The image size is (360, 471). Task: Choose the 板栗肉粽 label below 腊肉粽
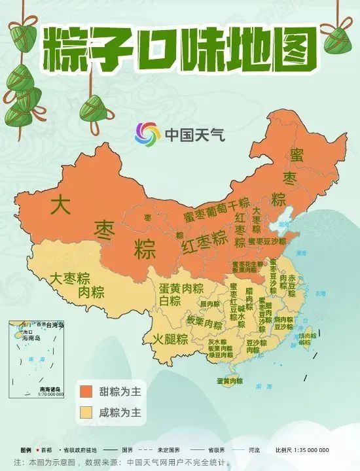coord(205,323)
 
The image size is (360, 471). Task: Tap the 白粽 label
coord(169,302)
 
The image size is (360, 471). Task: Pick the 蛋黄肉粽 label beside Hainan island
coord(230,381)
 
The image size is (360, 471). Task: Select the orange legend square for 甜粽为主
coord(86,391)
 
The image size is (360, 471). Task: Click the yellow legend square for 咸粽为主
coord(86,413)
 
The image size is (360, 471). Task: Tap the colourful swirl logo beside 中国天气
coord(147,135)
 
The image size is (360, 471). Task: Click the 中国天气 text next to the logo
coord(194,135)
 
